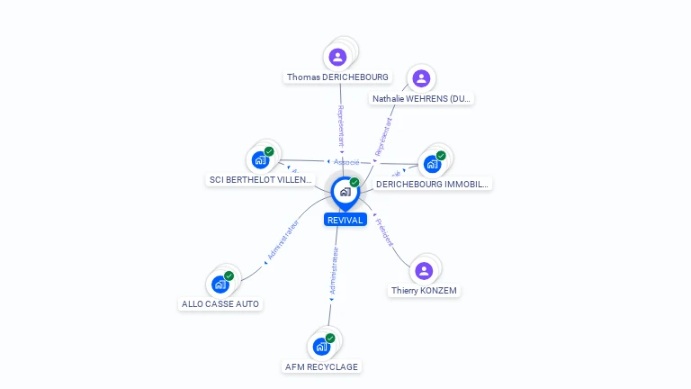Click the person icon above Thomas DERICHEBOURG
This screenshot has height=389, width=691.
(x=338, y=57)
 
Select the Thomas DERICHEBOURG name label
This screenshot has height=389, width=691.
(x=337, y=77)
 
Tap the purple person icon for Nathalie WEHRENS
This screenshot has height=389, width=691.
(x=419, y=78)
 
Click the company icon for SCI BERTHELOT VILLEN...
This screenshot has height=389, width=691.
(x=261, y=160)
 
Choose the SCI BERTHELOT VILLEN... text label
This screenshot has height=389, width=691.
(x=261, y=180)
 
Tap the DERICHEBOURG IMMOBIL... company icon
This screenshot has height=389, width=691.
(x=433, y=164)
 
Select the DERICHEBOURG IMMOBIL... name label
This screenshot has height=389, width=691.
(x=432, y=184)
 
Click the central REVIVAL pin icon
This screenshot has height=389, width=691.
(x=345, y=191)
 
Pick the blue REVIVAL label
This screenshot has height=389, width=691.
(x=345, y=220)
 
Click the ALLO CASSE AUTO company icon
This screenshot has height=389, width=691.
(x=220, y=285)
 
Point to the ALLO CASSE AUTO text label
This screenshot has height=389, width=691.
(x=220, y=304)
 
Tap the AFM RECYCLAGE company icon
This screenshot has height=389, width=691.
(x=321, y=346)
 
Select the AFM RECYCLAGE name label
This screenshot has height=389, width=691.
(x=321, y=366)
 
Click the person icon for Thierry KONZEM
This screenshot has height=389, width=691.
(x=424, y=270)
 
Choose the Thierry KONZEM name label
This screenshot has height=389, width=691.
(x=425, y=291)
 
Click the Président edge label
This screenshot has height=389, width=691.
(x=384, y=232)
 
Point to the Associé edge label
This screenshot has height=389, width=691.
(x=346, y=162)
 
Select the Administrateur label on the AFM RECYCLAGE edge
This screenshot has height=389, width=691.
(x=334, y=272)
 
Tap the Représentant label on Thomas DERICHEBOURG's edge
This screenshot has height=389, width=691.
(x=341, y=126)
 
